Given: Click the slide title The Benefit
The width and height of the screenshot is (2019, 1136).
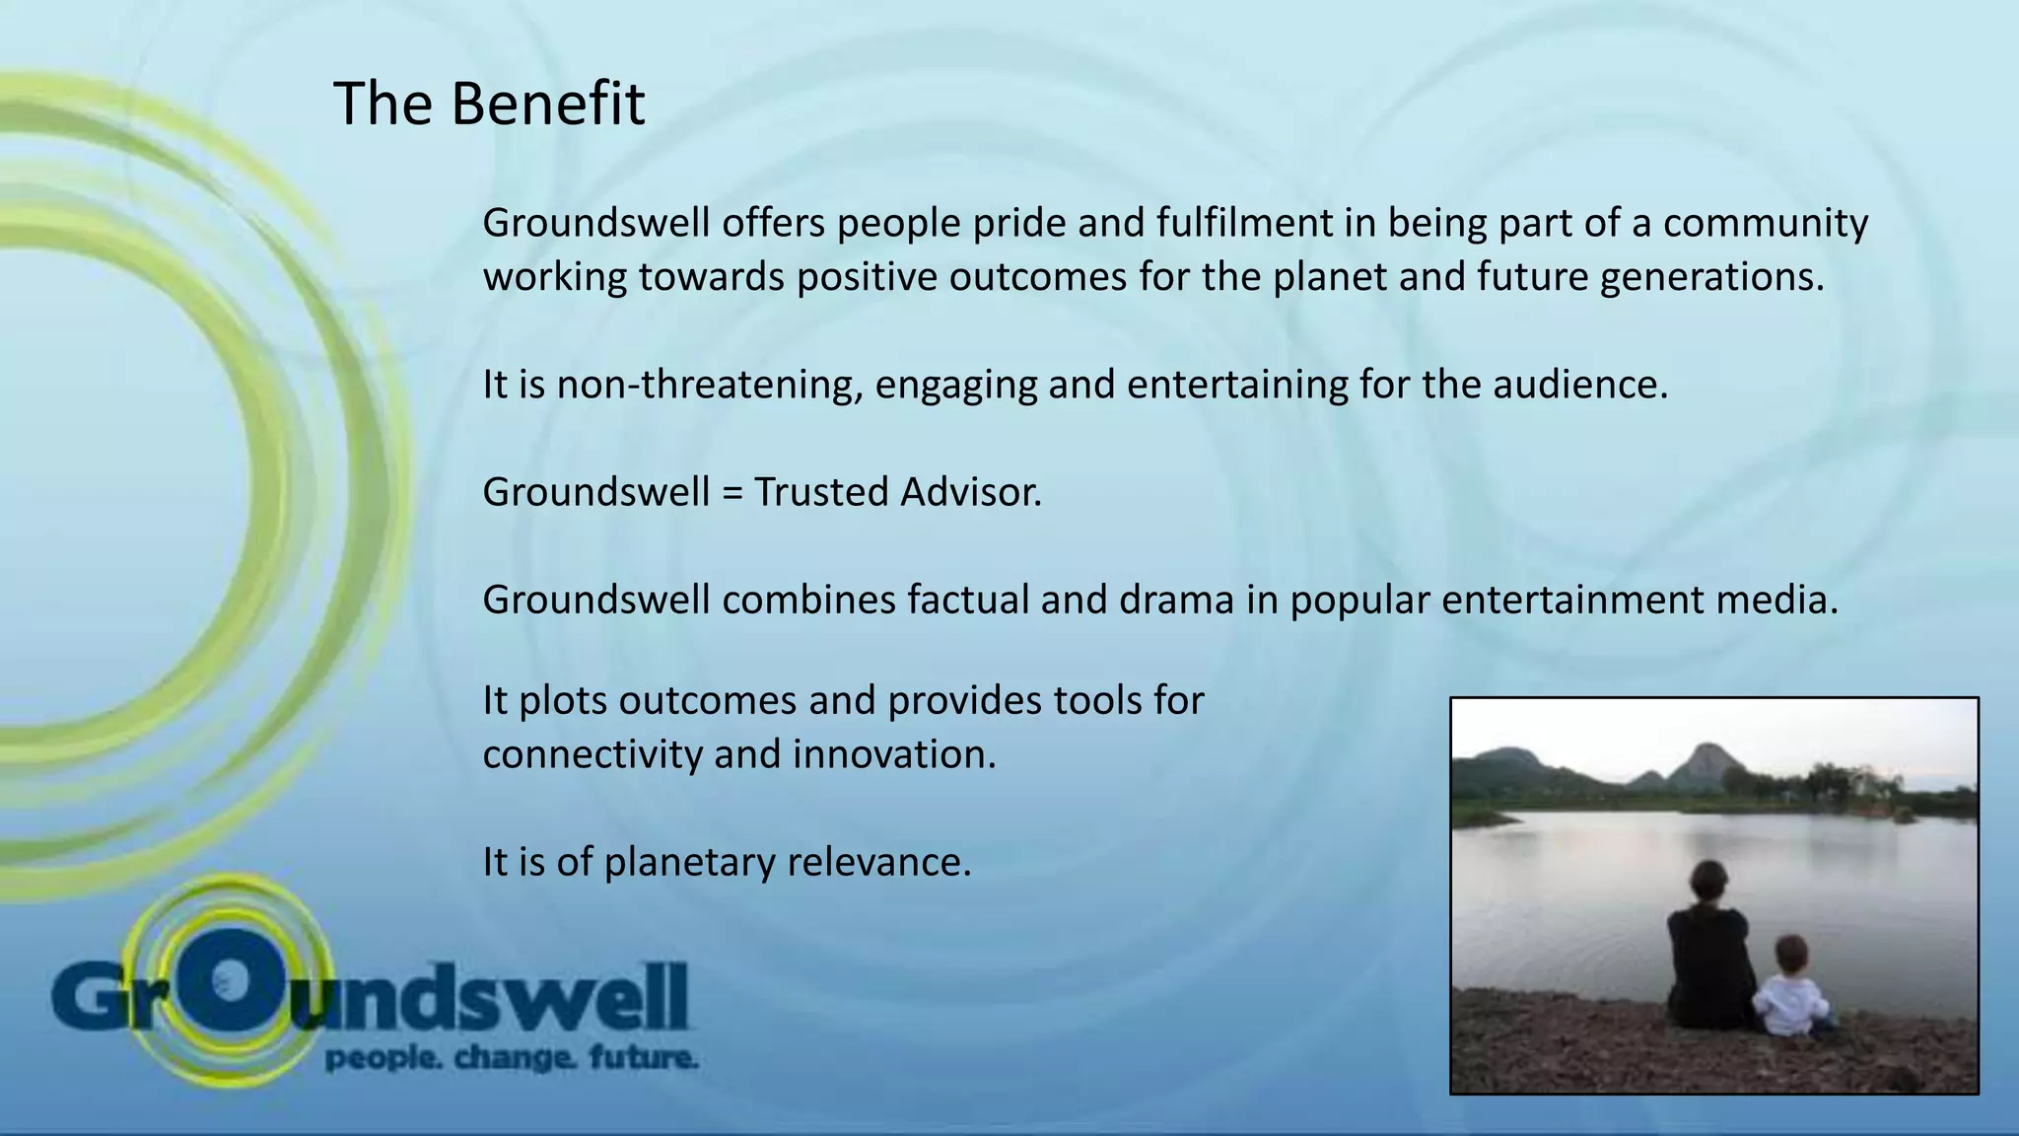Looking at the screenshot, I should pyautogui.click(x=489, y=104).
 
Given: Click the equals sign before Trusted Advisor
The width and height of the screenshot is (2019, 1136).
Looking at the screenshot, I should pyautogui.click(x=731, y=492).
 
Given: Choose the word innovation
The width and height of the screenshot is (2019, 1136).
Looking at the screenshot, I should pyautogui.click(x=894, y=755).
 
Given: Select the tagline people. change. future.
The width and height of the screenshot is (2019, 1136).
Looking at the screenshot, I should pyautogui.click(x=512, y=1059).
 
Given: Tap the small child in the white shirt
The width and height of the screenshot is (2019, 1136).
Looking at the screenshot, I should pyautogui.click(x=1793, y=989).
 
